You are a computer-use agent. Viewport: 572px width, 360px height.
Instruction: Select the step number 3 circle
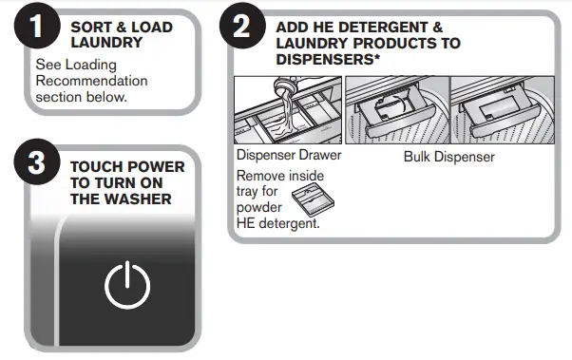(x=36, y=164)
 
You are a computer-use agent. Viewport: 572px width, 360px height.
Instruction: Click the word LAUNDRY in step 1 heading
(x=105, y=44)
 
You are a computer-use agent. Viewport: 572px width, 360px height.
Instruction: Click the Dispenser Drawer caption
(x=287, y=156)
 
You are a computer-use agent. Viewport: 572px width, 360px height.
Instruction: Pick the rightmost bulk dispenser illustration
(x=503, y=108)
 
